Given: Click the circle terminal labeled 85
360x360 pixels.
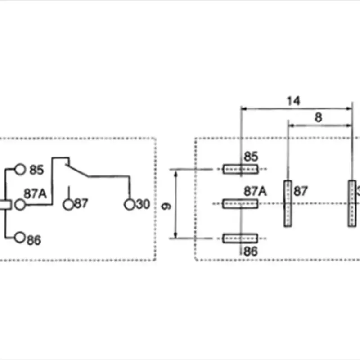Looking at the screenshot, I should pyautogui.click(x=20, y=170).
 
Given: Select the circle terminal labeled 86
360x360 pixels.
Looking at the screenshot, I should pyautogui.click(x=19, y=237).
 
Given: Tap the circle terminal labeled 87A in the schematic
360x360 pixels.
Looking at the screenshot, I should pyautogui.click(x=20, y=204).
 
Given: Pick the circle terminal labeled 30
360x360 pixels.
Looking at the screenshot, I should pyautogui.click(x=130, y=204).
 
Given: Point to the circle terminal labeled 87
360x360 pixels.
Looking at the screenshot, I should pyautogui.click(x=68, y=204).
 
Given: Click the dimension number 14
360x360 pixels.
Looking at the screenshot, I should pyautogui.click(x=293, y=101).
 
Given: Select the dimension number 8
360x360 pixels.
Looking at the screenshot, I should pyautogui.click(x=318, y=117).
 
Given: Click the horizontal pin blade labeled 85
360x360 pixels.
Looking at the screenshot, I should pyautogui.click(x=240, y=170).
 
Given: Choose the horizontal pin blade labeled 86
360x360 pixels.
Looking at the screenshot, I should pyautogui.click(x=240, y=238).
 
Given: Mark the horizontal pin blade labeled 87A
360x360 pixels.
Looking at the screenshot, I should pyautogui.click(x=240, y=204).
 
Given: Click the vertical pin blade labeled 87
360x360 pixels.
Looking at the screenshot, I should pyautogui.click(x=287, y=203).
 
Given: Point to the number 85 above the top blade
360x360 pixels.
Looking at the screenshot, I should pyautogui.click(x=251, y=157).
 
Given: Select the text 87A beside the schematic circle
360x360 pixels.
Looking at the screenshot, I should pyautogui.click(x=36, y=194).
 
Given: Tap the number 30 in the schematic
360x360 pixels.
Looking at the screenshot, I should pyautogui.click(x=142, y=205).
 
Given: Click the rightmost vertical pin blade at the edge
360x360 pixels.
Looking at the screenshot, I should pyautogui.click(x=351, y=203).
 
